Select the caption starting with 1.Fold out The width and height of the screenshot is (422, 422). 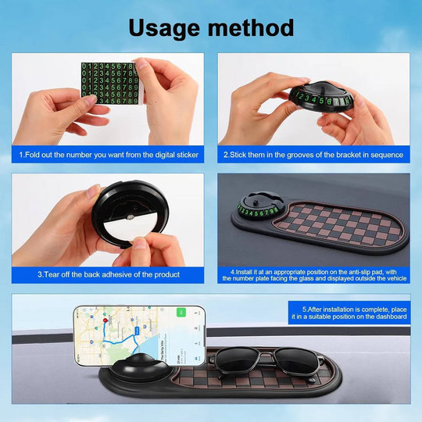pyautogui.click(x=109, y=155)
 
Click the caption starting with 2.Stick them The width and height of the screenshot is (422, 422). pyautogui.click(x=313, y=155)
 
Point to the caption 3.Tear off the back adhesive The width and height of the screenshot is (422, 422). pyautogui.click(x=109, y=274)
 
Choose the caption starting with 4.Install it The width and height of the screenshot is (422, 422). pyautogui.click(x=313, y=274)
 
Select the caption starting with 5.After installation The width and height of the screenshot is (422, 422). pyautogui.click(x=348, y=313)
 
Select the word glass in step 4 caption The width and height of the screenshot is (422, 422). pyautogui.click(x=300, y=278)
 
